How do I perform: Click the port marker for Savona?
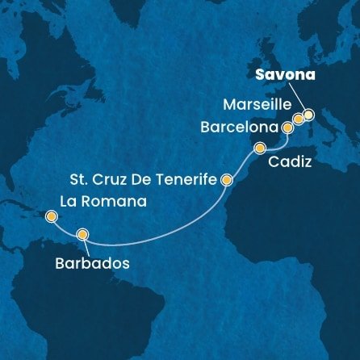pyautogui.click(x=308, y=114)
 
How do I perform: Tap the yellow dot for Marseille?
pyautogui.click(x=298, y=119)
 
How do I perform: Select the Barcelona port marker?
pyautogui.click(x=288, y=127)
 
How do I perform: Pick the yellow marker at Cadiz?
pyautogui.click(x=260, y=149)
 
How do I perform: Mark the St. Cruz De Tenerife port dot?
pyautogui.click(x=227, y=181)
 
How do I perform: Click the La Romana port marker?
pyautogui.click(x=52, y=216)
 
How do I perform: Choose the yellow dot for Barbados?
pyautogui.click(x=82, y=235)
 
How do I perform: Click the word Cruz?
pyautogui.click(x=119, y=181)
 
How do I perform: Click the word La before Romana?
pyautogui.click(x=69, y=202)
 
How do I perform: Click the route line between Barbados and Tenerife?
pyautogui.click(x=153, y=232)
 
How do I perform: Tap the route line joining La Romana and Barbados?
pyautogui.click(x=66, y=227)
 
